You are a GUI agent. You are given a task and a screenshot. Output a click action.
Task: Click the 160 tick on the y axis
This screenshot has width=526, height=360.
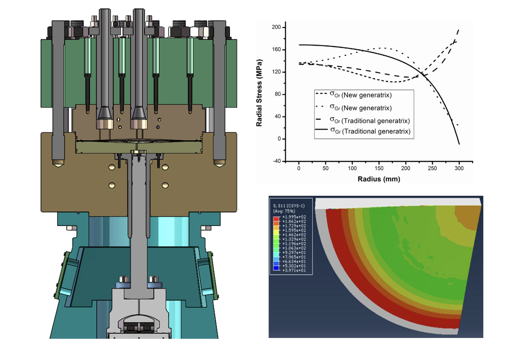(278, 50)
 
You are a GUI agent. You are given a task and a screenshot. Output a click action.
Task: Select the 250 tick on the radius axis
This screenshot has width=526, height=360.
(432, 168)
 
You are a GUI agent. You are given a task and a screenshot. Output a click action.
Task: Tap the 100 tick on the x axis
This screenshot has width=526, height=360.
(352, 168)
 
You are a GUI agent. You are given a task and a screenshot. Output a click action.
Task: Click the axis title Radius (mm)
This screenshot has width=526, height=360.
(379, 179)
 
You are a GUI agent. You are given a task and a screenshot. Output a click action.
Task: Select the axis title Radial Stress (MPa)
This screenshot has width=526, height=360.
(259, 93)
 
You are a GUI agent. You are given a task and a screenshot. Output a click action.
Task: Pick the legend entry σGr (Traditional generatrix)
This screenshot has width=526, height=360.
(370, 131)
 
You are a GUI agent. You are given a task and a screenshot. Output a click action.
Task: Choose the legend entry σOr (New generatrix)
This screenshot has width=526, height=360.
(360, 95)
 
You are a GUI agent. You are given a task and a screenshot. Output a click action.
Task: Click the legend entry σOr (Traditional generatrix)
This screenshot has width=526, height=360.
(370, 120)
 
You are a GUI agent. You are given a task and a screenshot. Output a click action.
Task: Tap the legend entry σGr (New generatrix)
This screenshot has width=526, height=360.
(360, 108)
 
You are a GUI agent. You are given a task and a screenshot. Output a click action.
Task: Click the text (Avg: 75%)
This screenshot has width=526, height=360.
(284, 211)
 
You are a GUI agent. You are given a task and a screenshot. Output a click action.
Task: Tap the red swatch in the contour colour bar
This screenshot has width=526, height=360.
(276, 219)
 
